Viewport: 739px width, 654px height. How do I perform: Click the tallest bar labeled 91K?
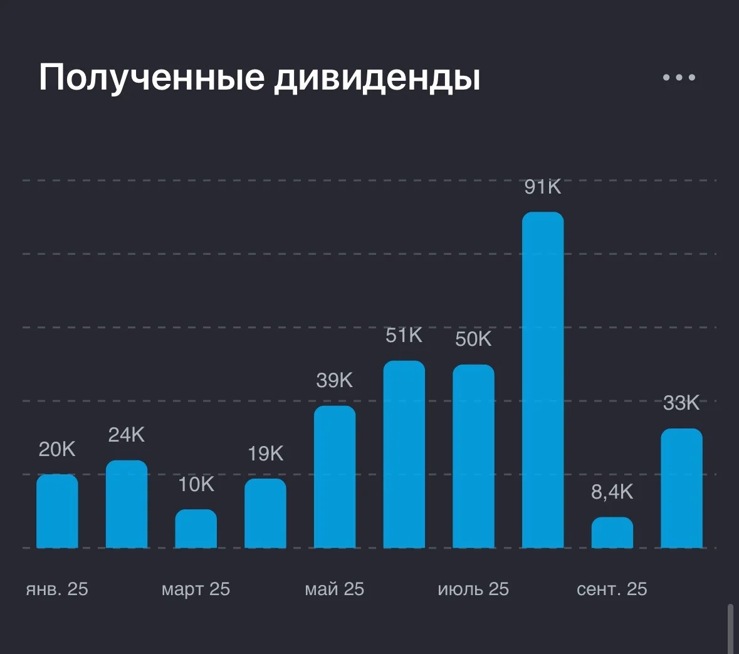[543, 380]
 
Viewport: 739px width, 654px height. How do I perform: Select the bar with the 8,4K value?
[612, 532]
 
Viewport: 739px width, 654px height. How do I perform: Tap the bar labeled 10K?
[196, 529]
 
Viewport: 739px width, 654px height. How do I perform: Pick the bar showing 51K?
[404, 454]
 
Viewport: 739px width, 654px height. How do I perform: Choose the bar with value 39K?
[335, 477]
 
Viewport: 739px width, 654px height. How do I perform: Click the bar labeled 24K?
[127, 504]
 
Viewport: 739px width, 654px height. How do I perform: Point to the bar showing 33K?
[681, 488]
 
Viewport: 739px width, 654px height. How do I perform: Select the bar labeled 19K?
[265, 513]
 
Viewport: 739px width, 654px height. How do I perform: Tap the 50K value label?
[473, 340]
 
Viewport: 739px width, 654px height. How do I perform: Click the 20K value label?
[57, 450]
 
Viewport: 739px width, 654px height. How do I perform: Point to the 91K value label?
[543, 187]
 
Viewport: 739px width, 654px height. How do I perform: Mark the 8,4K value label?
[612, 492]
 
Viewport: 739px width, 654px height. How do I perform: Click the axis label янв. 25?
[57, 589]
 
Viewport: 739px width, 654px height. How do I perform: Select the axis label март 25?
[196, 589]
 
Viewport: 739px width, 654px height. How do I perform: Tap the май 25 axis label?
[335, 589]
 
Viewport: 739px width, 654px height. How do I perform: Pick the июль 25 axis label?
[473, 589]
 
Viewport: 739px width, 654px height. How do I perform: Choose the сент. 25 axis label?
[612, 589]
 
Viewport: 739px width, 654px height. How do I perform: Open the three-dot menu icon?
[679, 77]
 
